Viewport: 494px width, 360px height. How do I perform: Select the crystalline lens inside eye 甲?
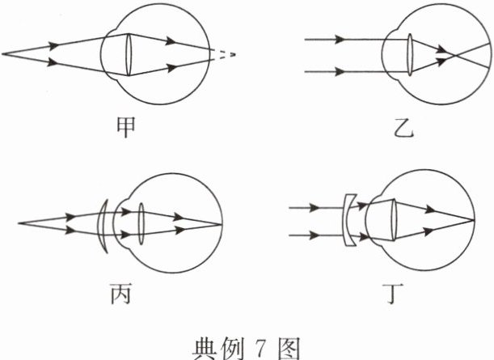tap(129, 54)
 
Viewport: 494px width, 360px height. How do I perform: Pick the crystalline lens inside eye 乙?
tap(411, 54)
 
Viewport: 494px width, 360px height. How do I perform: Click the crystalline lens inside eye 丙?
tap(140, 220)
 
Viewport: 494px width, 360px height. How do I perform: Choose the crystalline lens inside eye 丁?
tap(396, 219)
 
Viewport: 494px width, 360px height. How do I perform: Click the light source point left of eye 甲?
tap(3, 54)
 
